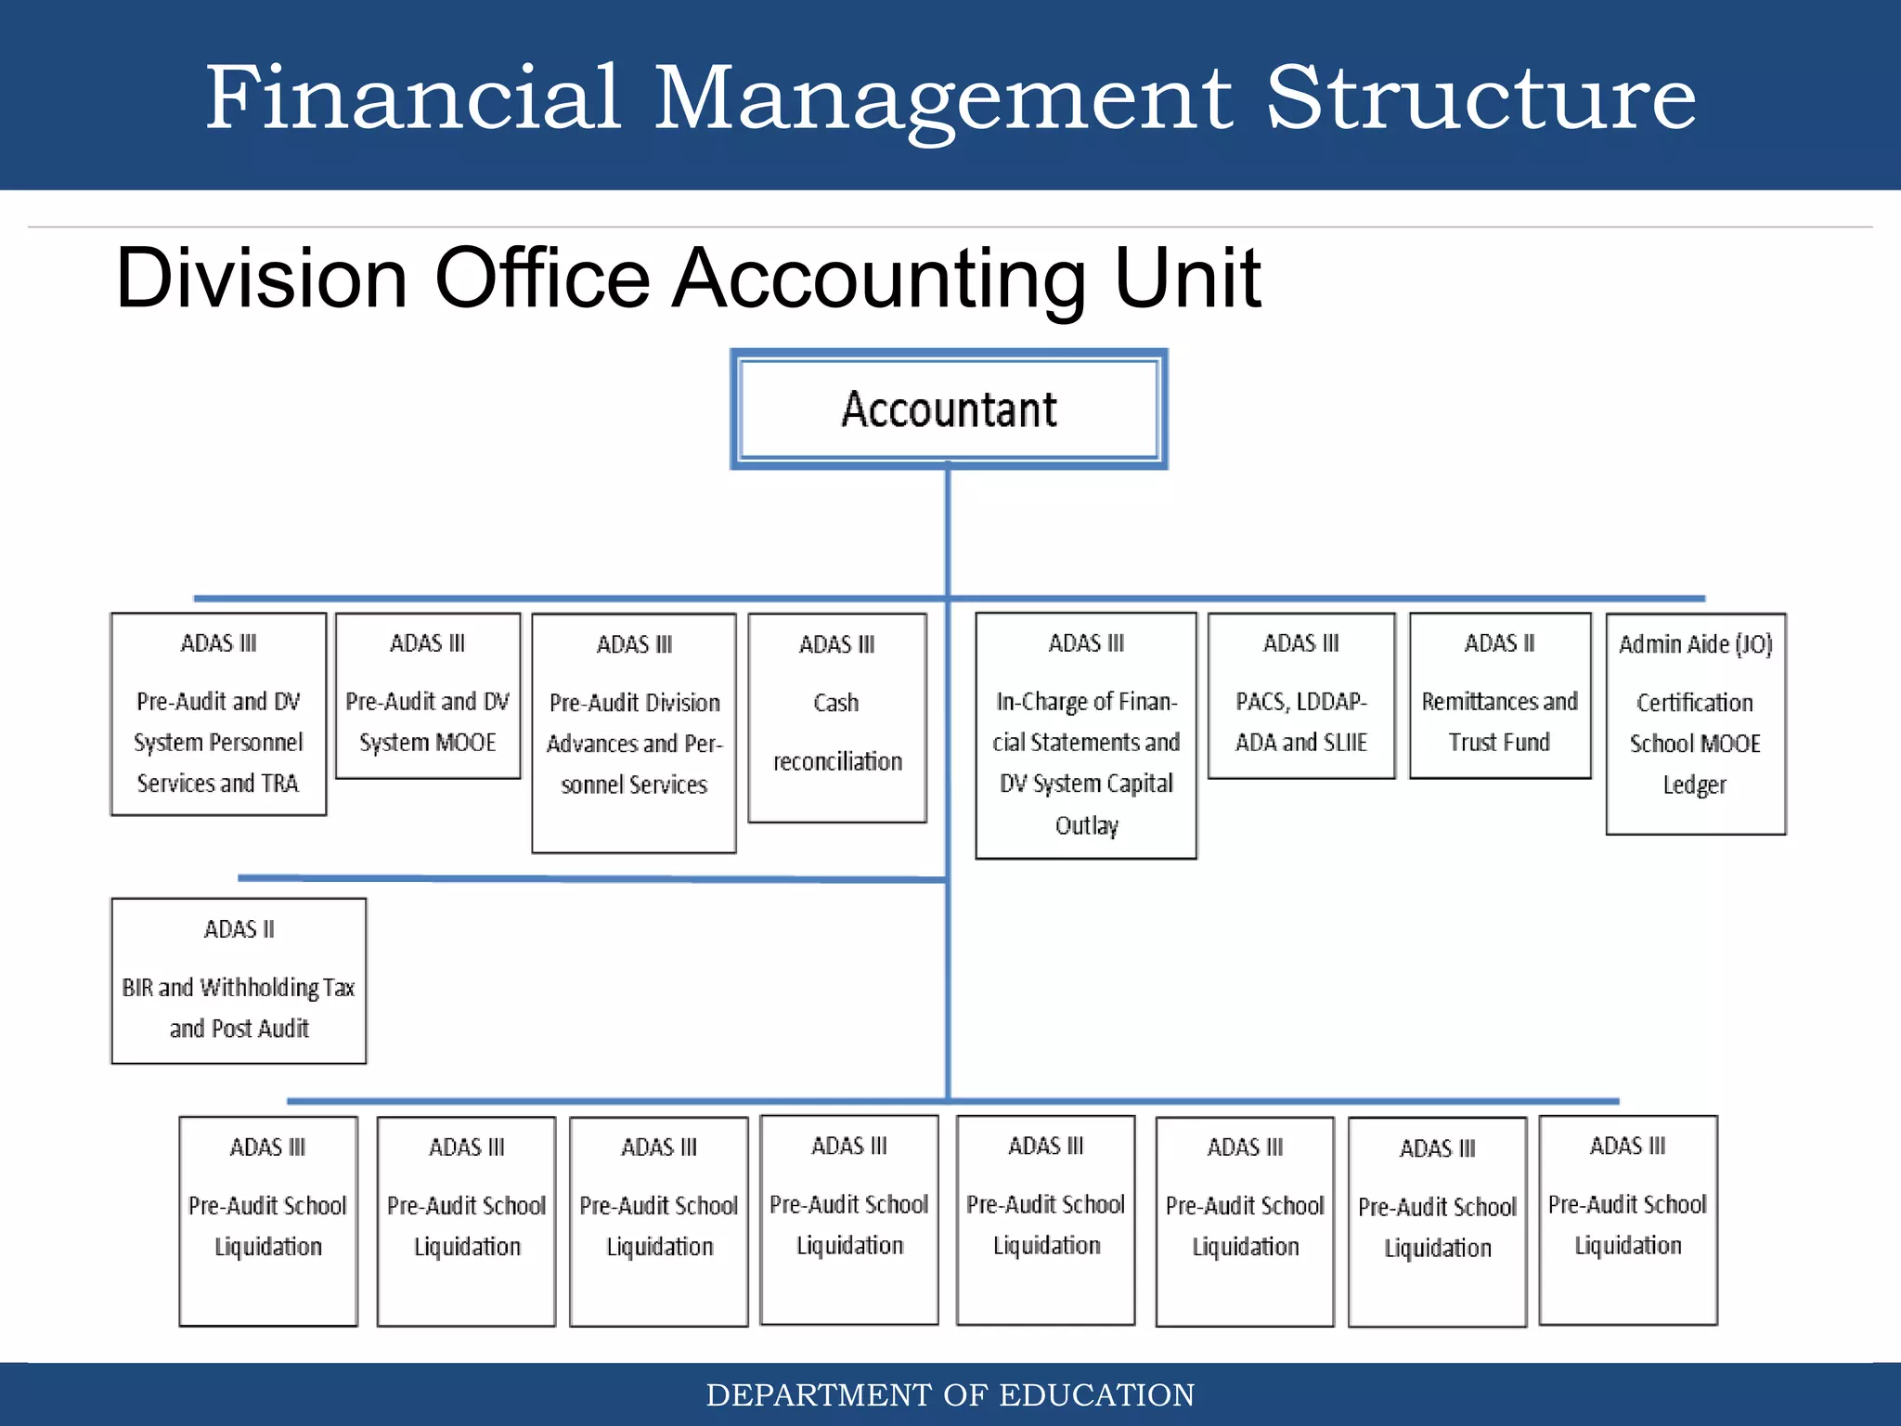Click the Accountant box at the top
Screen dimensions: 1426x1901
949,409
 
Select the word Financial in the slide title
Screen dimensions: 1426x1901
412,98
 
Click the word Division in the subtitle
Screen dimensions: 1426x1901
261,279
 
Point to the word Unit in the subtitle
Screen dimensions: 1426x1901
1187,279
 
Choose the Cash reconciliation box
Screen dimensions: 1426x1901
837,718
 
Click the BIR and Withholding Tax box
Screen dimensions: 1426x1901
239,980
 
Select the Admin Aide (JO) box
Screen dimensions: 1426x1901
1696,723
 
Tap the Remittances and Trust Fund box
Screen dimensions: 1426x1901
1500,695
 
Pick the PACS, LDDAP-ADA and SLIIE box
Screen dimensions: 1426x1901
1301,695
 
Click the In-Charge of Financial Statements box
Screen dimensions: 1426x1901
1086,734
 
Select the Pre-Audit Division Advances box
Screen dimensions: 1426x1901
634,732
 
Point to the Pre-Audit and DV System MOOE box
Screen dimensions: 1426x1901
428,695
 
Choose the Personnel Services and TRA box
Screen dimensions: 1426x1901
218,714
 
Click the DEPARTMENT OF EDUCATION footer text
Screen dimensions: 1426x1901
950,1395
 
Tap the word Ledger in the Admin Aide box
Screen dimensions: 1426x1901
1694,785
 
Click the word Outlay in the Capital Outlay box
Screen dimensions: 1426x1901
1086,825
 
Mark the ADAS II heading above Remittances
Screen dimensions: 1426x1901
1499,643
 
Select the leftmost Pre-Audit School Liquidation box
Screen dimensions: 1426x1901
268,1221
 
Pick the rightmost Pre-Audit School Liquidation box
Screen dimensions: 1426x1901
1628,1220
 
